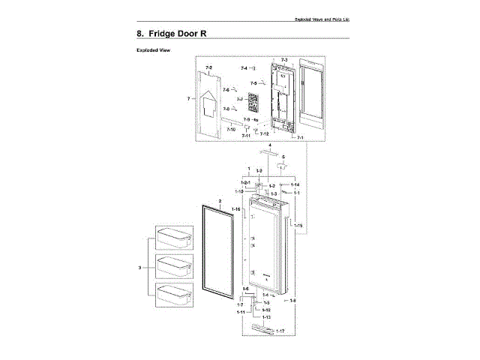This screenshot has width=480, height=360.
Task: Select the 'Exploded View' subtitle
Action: click(x=153, y=50)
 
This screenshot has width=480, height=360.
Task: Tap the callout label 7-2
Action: click(x=208, y=67)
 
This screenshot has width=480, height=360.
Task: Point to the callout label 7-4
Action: click(x=244, y=68)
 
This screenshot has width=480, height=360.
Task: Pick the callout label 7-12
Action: click(x=264, y=133)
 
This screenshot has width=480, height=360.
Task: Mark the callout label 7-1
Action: click(x=300, y=138)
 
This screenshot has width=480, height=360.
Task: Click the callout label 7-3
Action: click(x=284, y=59)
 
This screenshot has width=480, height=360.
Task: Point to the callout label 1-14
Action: click(x=295, y=184)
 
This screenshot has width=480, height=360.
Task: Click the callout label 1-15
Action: click(x=298, y=226)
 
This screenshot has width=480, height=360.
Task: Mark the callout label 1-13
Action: click(x=266, y=318)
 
